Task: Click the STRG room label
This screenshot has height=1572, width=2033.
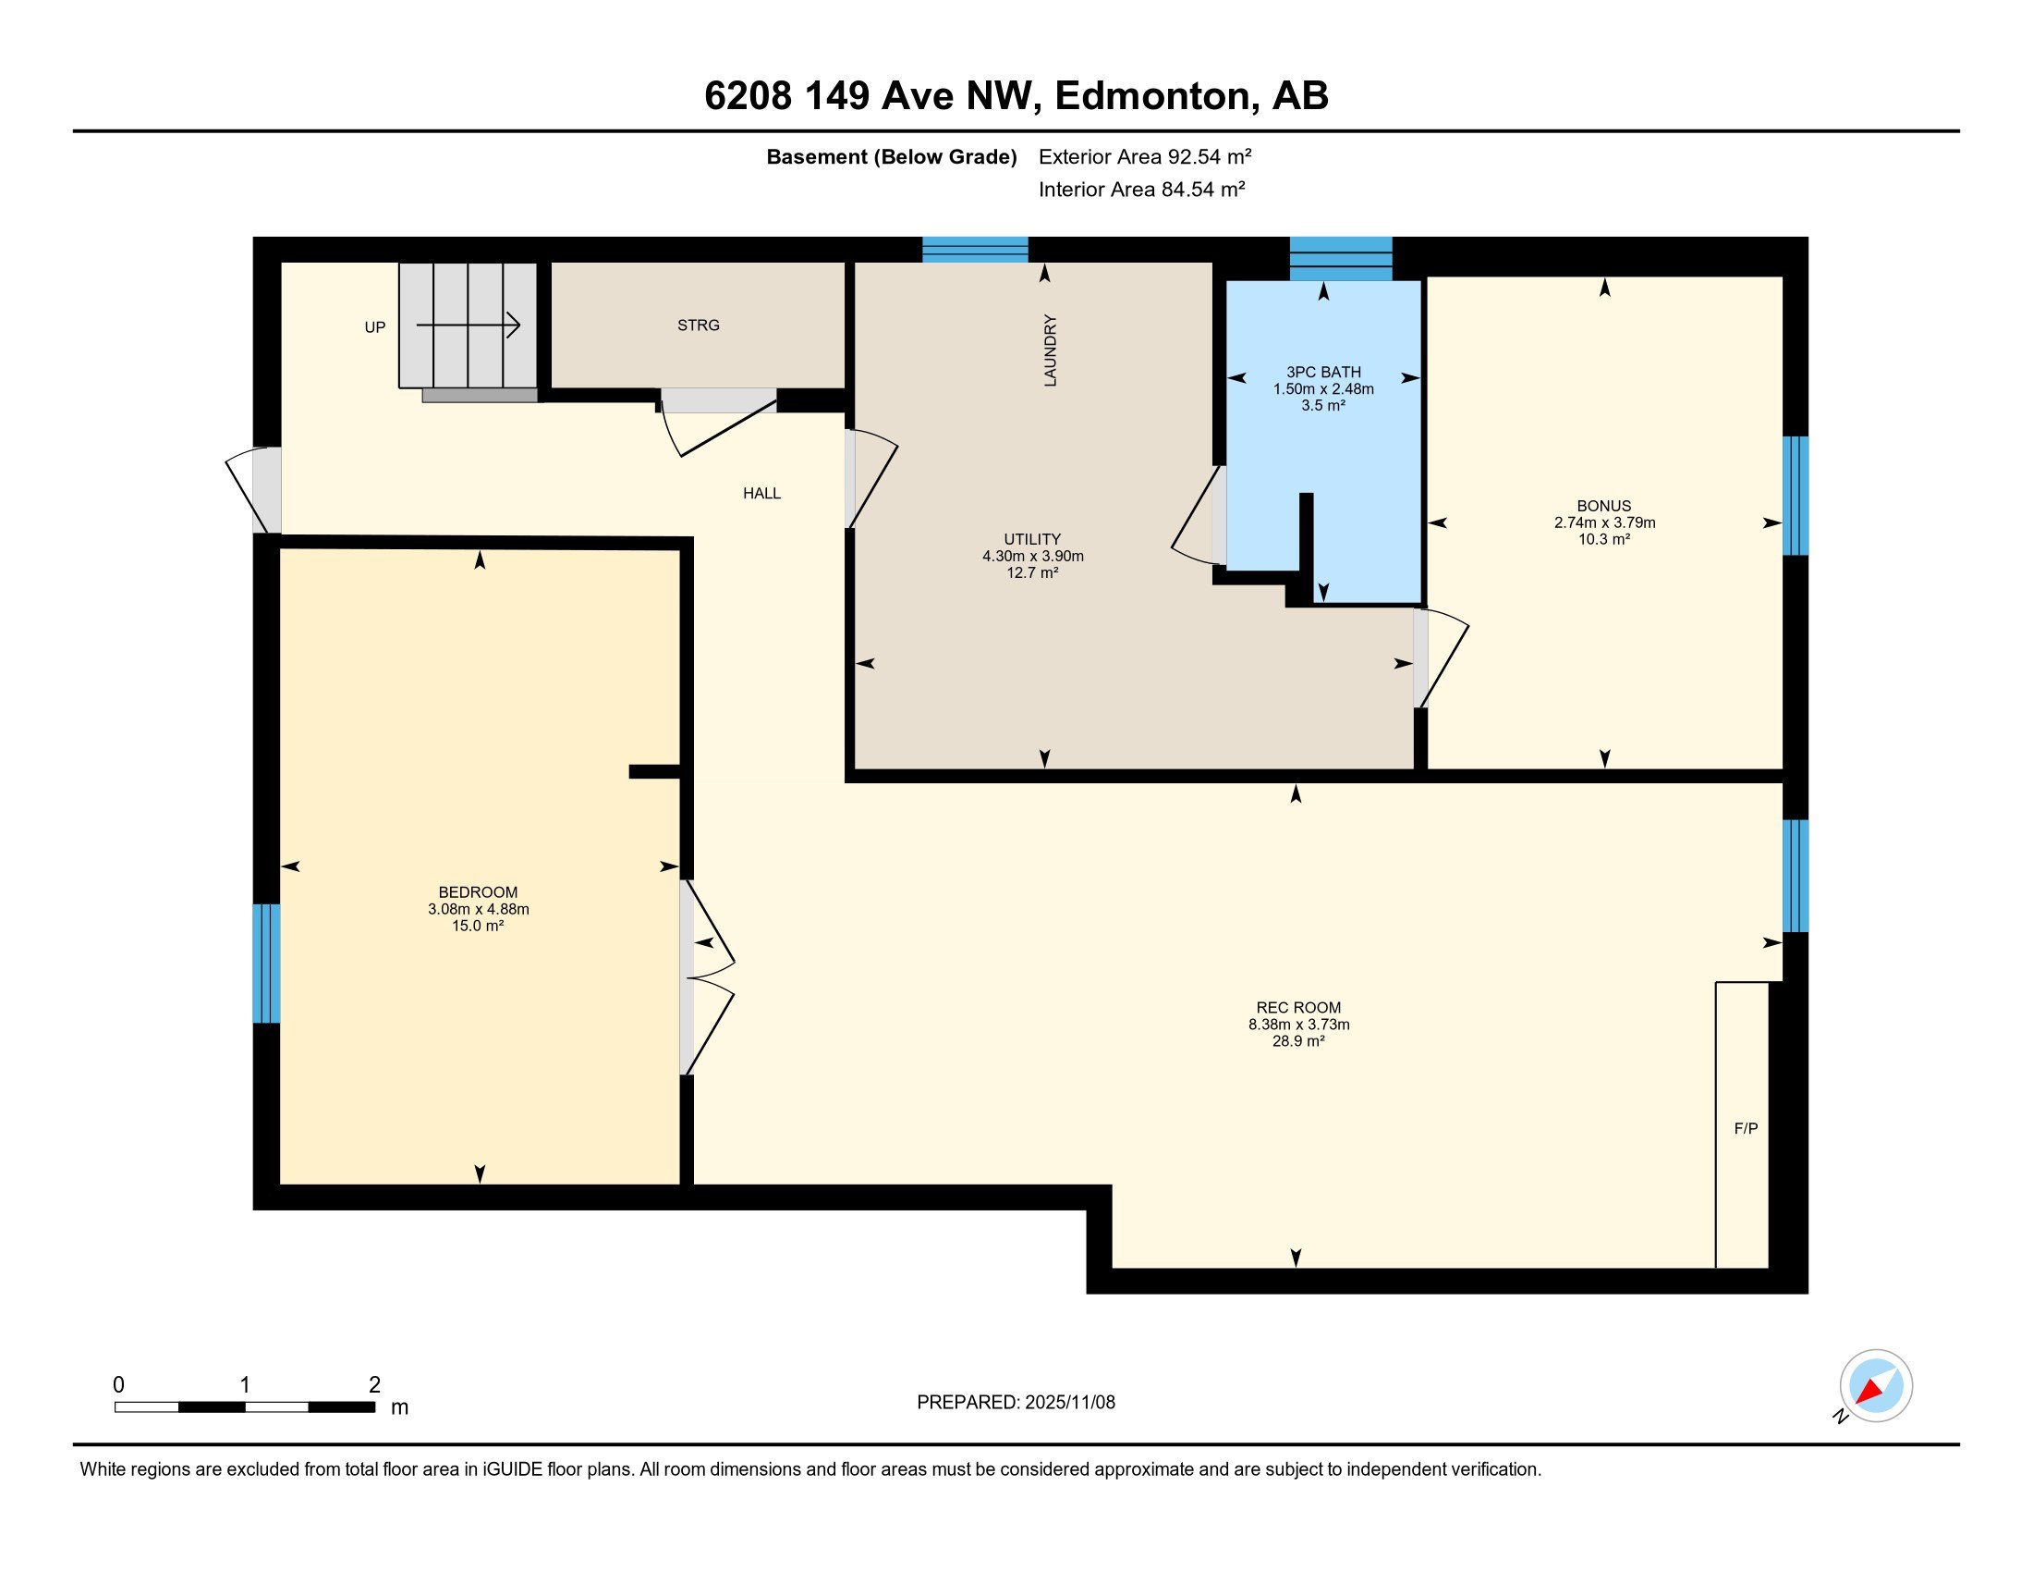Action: (698, 325)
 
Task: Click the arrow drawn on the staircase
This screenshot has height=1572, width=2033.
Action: (469, 325)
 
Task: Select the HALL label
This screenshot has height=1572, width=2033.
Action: (761, 494)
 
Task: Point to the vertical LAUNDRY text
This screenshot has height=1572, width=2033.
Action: (1050, 350)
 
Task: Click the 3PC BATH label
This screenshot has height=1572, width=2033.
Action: (1322, 372)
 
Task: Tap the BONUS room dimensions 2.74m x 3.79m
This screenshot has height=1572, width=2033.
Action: (1604, 522)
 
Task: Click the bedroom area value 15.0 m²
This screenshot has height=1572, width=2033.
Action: (478, 926)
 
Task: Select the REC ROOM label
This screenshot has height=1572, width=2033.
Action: (1297, 1008)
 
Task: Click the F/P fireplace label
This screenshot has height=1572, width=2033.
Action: (1746, 1129)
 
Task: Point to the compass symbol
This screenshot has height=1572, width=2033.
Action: (1875, 1385)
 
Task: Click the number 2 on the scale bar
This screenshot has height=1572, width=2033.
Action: (374, 1385)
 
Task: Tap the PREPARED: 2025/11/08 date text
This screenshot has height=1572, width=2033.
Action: (1016, 1403)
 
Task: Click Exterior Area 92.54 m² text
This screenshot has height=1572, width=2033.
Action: (1144, 156)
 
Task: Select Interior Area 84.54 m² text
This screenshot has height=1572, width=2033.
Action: (1141, 189)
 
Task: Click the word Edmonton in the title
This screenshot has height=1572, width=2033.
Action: (1151, 95)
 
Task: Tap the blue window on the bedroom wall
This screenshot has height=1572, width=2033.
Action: (266, 963)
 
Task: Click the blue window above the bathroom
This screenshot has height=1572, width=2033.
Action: (1341, 258)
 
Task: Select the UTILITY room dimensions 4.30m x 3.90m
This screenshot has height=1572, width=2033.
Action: (1032, 556)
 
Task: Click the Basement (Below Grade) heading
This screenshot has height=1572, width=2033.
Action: (891, 156)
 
